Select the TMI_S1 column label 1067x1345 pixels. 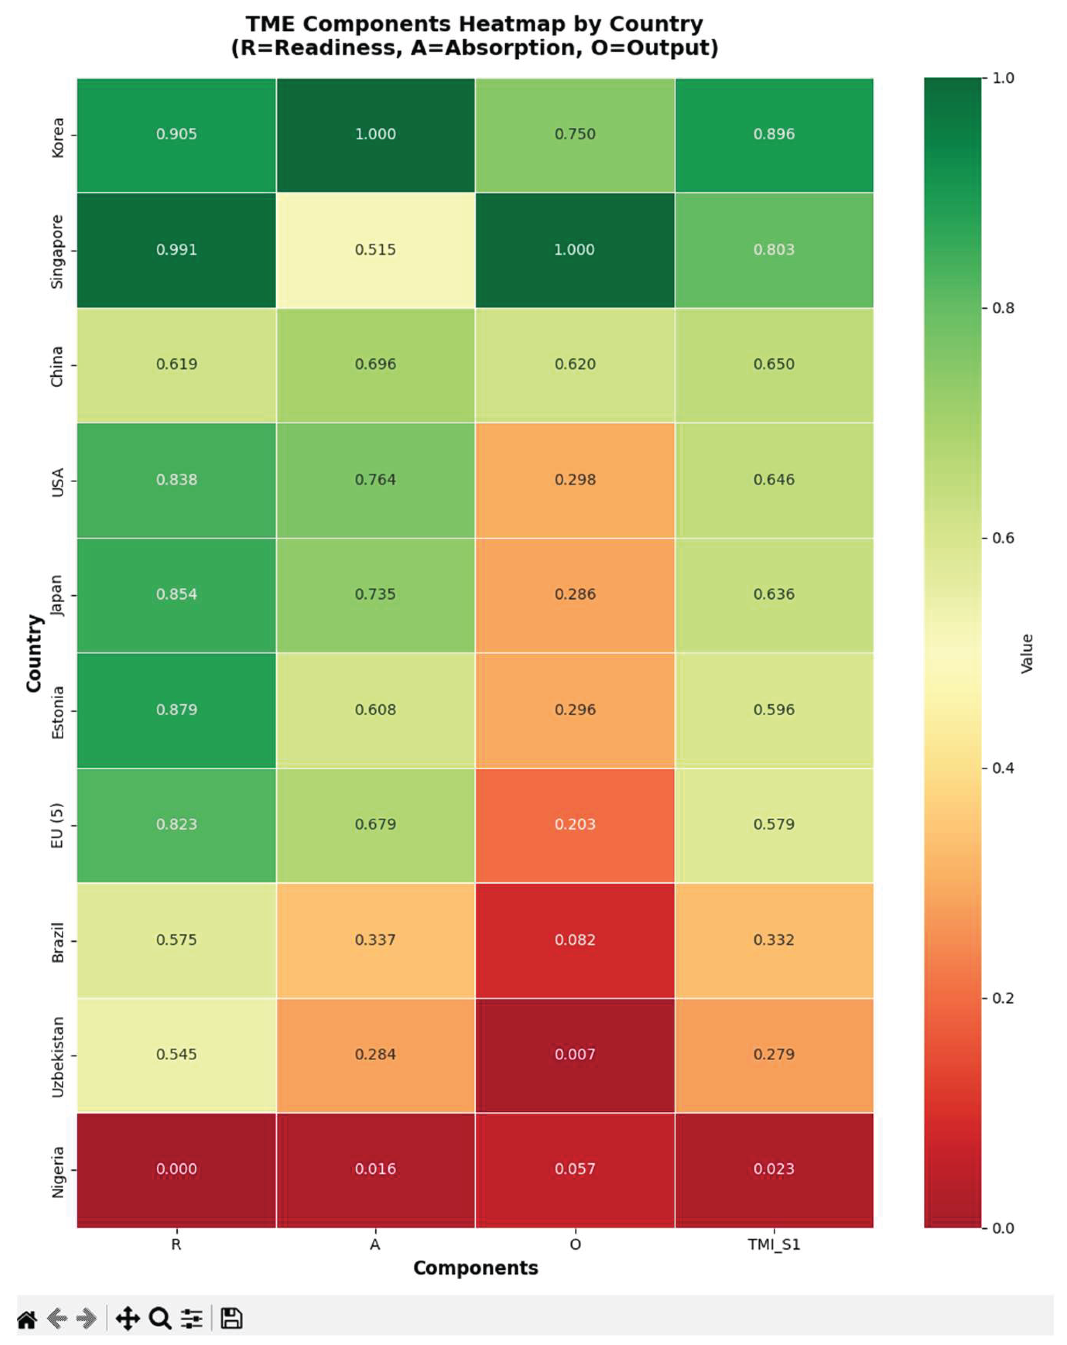[x=774, y=1245]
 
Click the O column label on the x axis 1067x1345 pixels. [x=575, y=1245]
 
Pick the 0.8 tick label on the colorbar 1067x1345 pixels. [x=1003, y=308]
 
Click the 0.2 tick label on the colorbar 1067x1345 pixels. [x=1003, y=998]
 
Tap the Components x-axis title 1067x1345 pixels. [x=475, y=1268]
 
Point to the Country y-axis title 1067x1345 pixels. [x=34, y=653]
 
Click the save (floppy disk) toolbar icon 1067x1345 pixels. [x=232, y=1318]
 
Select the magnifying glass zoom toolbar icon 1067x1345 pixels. [x=160, y=1318]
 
